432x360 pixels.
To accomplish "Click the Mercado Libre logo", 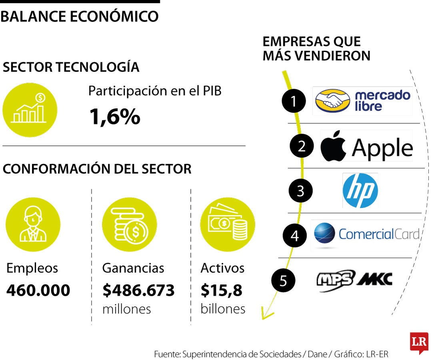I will [x=362, y=101].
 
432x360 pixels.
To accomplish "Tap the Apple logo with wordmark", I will [x=366, y=146].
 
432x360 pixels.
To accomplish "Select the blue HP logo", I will [x=360, y=190].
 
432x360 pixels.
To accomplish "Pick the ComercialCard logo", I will [x=366, y=234].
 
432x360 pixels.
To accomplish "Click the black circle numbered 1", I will [x=294, y=102].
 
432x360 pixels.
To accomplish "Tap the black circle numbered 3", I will [x=300, y=191].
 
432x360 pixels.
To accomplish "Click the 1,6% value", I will [x=114, y=116].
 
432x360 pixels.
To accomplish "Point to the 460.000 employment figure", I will [x=38, y=290].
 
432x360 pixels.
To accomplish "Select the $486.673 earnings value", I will [x=138, y=290].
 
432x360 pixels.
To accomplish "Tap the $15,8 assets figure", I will [x=221, y=290].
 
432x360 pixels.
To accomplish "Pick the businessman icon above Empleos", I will [x=33, y=224].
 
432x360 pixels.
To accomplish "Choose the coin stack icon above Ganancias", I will [x=129, y=224].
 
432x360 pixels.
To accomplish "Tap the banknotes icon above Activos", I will [x=227, y=224].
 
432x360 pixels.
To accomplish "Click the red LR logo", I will [x=419, y=342].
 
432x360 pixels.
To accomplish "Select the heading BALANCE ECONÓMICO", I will [x=80, y=16].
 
